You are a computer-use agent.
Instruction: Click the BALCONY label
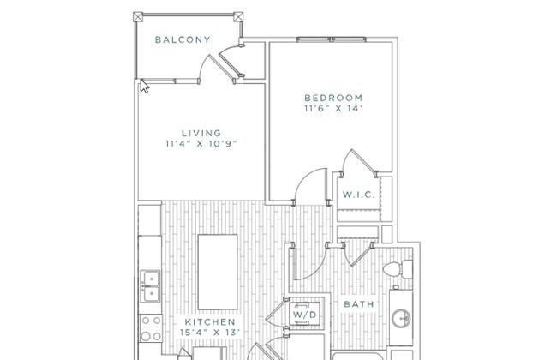click(x=183, y=39)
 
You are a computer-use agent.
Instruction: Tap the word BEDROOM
click(x=333, y=98)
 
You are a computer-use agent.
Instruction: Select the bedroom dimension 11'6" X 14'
click(x=332, y=108)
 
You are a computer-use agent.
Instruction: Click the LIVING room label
click(x=201, y=133)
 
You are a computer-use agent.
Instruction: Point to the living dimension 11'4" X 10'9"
click(x=201, y=144)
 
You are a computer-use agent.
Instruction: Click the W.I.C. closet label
click(x=359, y=195)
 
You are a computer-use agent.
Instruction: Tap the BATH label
click(x=359, y=304)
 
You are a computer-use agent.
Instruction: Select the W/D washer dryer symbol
click(x=304, y=314)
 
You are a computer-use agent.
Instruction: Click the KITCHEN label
click(x=210, y=322)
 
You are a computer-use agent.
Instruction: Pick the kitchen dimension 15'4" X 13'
click(x=210, y=333)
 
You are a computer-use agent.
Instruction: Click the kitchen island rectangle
click(x=218, y=272)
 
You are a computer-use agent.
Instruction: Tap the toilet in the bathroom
click(x=398, y=269)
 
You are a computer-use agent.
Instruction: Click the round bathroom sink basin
click(x=401, y=318)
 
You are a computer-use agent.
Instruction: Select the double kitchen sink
click(x=150, y=286)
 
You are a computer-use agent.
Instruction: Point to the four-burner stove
click(x=151, y=328)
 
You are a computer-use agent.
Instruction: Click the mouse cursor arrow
click(x=143, y=86)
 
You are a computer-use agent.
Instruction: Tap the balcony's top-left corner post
click(x=138, y=16)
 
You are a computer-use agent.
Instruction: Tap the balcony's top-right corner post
click(x=238, y=16)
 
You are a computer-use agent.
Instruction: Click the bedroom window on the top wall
click(x=332, y=39)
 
